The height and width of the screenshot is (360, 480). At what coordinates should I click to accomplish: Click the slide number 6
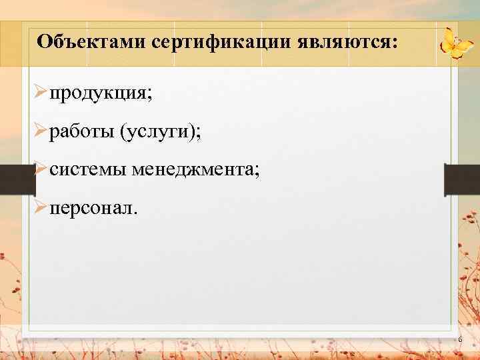(x=459, y=341)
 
